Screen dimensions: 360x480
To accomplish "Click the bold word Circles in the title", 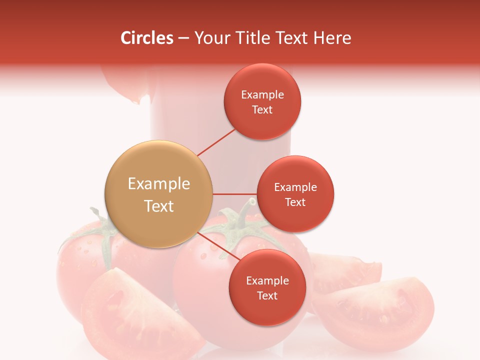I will (x=146, y=38).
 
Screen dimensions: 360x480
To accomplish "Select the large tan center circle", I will (x=159, y=194).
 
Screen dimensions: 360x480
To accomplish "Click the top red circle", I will (x=262, y=102).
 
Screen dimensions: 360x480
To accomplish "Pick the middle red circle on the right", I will (x=295, y=194).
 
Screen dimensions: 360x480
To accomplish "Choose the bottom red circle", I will (x=267, y=288).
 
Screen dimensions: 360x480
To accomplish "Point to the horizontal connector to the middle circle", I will (x=235, y=194).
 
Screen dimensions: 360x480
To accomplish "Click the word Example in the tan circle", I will (x=159, y=184).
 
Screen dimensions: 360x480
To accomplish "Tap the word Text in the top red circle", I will (x=262, y=110).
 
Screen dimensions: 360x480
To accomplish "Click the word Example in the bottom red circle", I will (x=267, y=280).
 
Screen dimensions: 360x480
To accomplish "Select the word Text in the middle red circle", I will (x=295, y=202).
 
